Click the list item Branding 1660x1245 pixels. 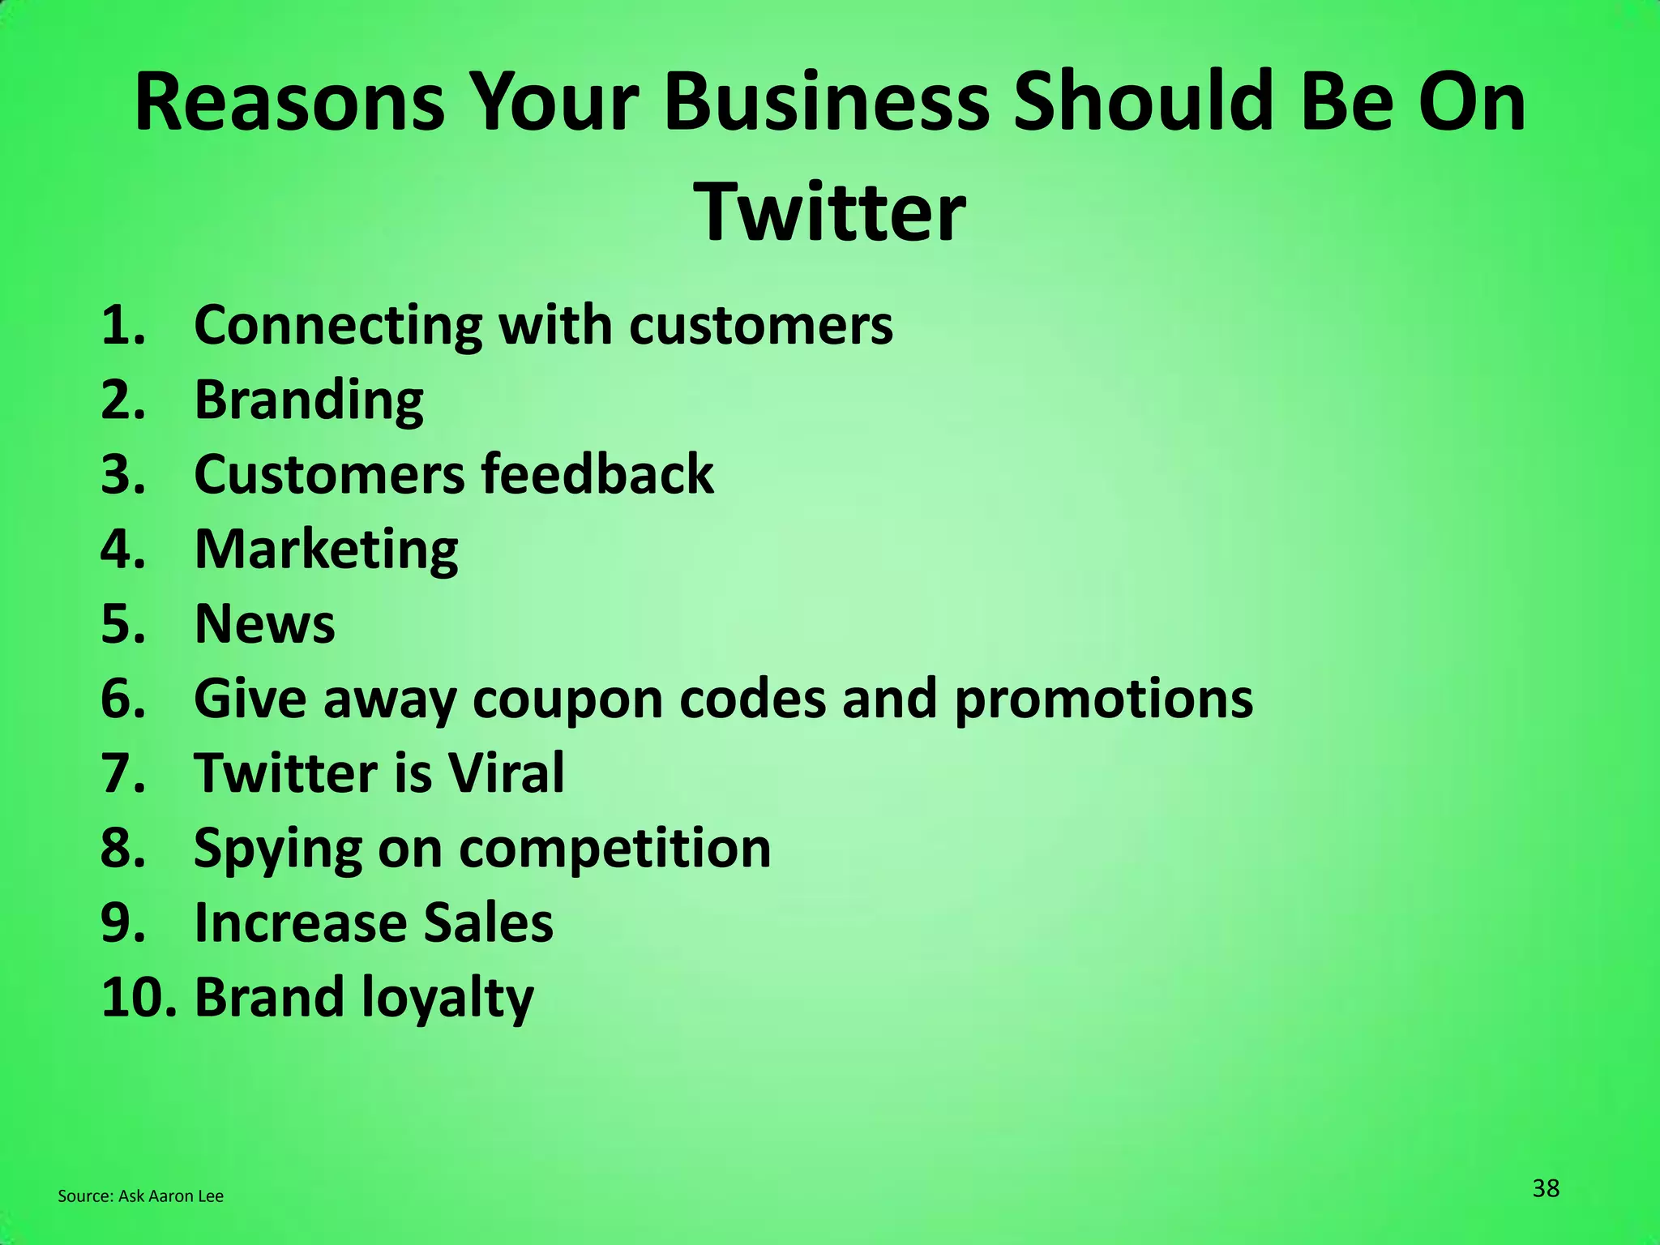[309, 400]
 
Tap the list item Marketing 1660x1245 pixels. [326, 550]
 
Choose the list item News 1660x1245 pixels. [264, 624]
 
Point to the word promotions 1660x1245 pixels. [1103, 700]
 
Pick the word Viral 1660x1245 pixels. [507, 773]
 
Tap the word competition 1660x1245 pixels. [614, 849]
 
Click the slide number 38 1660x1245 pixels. [1546, 1188]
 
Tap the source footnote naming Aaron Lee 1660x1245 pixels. [140, 1196]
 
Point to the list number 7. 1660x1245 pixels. [122, 773]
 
